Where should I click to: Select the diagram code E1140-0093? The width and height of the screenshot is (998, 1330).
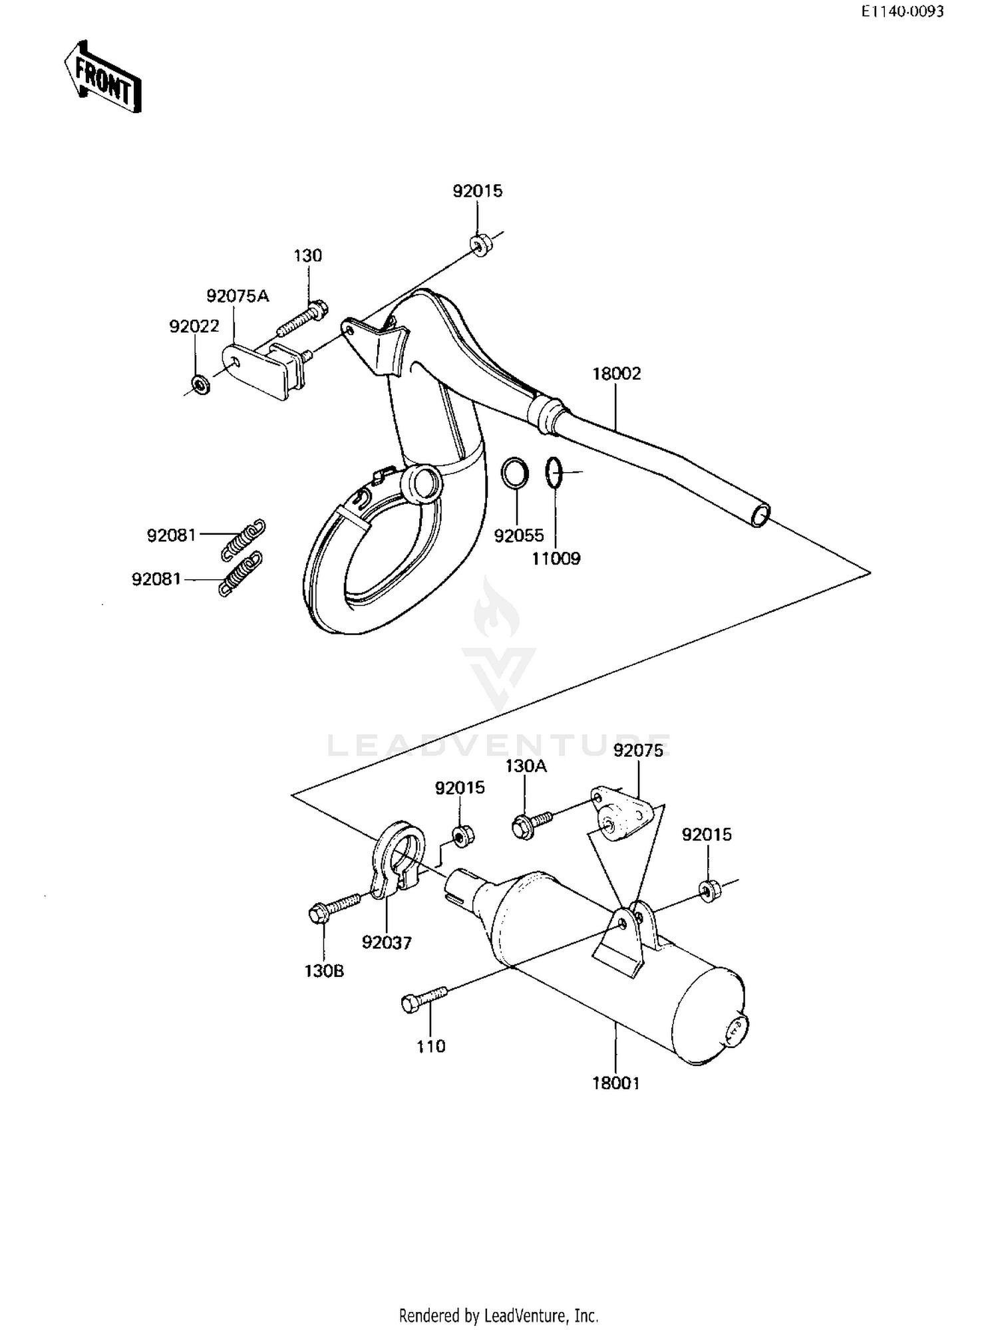point(902,12)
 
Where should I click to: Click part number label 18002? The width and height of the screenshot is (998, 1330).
point(617,374)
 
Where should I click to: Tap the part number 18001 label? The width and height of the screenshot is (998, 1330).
point(616,1083)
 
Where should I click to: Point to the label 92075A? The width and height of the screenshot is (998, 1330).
point(238,296)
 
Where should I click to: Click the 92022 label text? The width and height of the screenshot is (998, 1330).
point(194,327)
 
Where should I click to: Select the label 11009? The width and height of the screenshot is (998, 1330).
point(556,558)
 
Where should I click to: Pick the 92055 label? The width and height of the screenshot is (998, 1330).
point(519,535)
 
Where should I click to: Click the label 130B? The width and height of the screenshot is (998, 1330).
point(325,971)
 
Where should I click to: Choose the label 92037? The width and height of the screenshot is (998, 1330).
point(387,942)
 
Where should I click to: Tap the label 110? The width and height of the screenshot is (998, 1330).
point(430,1046)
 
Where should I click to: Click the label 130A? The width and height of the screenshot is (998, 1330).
point(526,766)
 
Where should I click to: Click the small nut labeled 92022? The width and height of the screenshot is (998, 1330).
point(199,384)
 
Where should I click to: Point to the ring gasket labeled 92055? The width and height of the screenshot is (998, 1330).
point(515,473)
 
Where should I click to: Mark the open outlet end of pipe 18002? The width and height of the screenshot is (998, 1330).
point(760,515)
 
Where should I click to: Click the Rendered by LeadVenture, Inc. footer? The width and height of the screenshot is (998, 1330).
point(498,1315)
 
